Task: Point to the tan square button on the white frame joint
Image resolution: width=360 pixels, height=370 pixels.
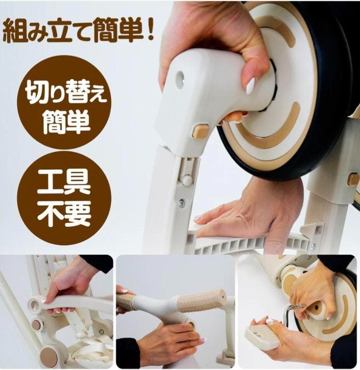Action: [200, 131]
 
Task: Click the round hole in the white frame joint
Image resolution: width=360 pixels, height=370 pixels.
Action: [180, 80]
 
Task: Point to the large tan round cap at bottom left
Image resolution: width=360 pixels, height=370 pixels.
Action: [49, 356]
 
